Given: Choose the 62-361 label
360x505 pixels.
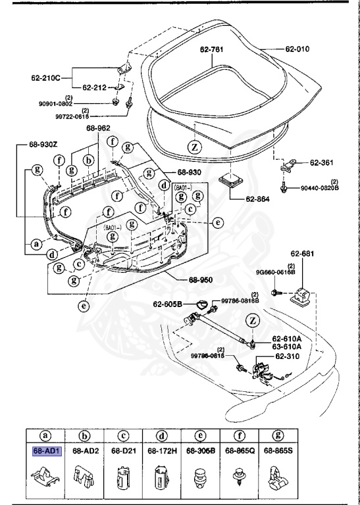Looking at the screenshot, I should [323, 162].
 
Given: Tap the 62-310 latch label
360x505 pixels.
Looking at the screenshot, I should [287, 356].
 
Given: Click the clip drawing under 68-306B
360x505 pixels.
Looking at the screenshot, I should [199, 478].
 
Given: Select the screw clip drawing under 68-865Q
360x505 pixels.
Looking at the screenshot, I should [237, 478].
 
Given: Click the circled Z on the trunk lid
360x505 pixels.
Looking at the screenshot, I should [194, 147].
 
